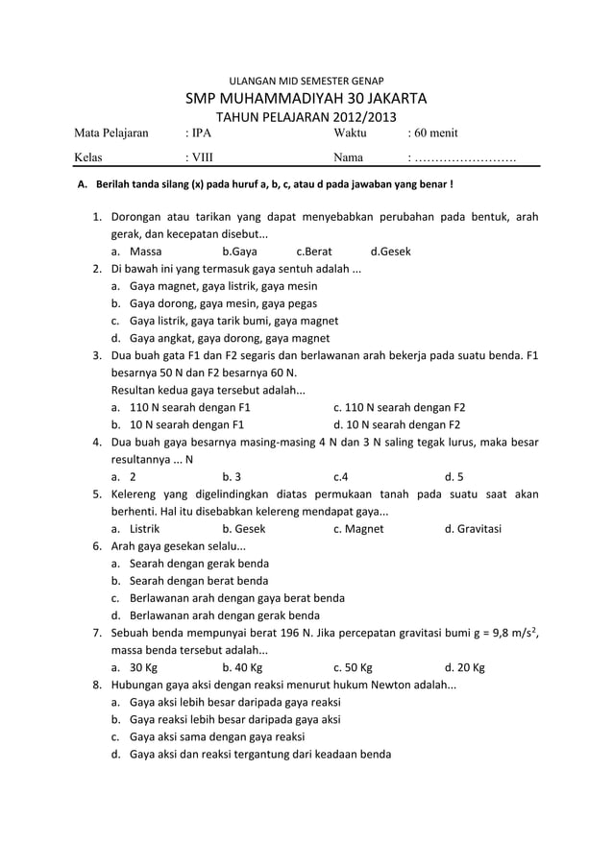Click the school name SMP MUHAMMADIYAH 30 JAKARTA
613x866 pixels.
point(306,99)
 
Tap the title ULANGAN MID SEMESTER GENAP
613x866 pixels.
point(306,77)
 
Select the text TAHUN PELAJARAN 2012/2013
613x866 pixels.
point(306,118)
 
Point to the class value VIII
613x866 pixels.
point(202,157)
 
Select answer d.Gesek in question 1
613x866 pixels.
point(390,252)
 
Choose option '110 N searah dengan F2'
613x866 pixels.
point(399,407)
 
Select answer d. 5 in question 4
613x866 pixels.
point(454,476)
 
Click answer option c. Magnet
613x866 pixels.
point(358,528)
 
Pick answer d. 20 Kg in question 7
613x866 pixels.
point(465,667)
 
